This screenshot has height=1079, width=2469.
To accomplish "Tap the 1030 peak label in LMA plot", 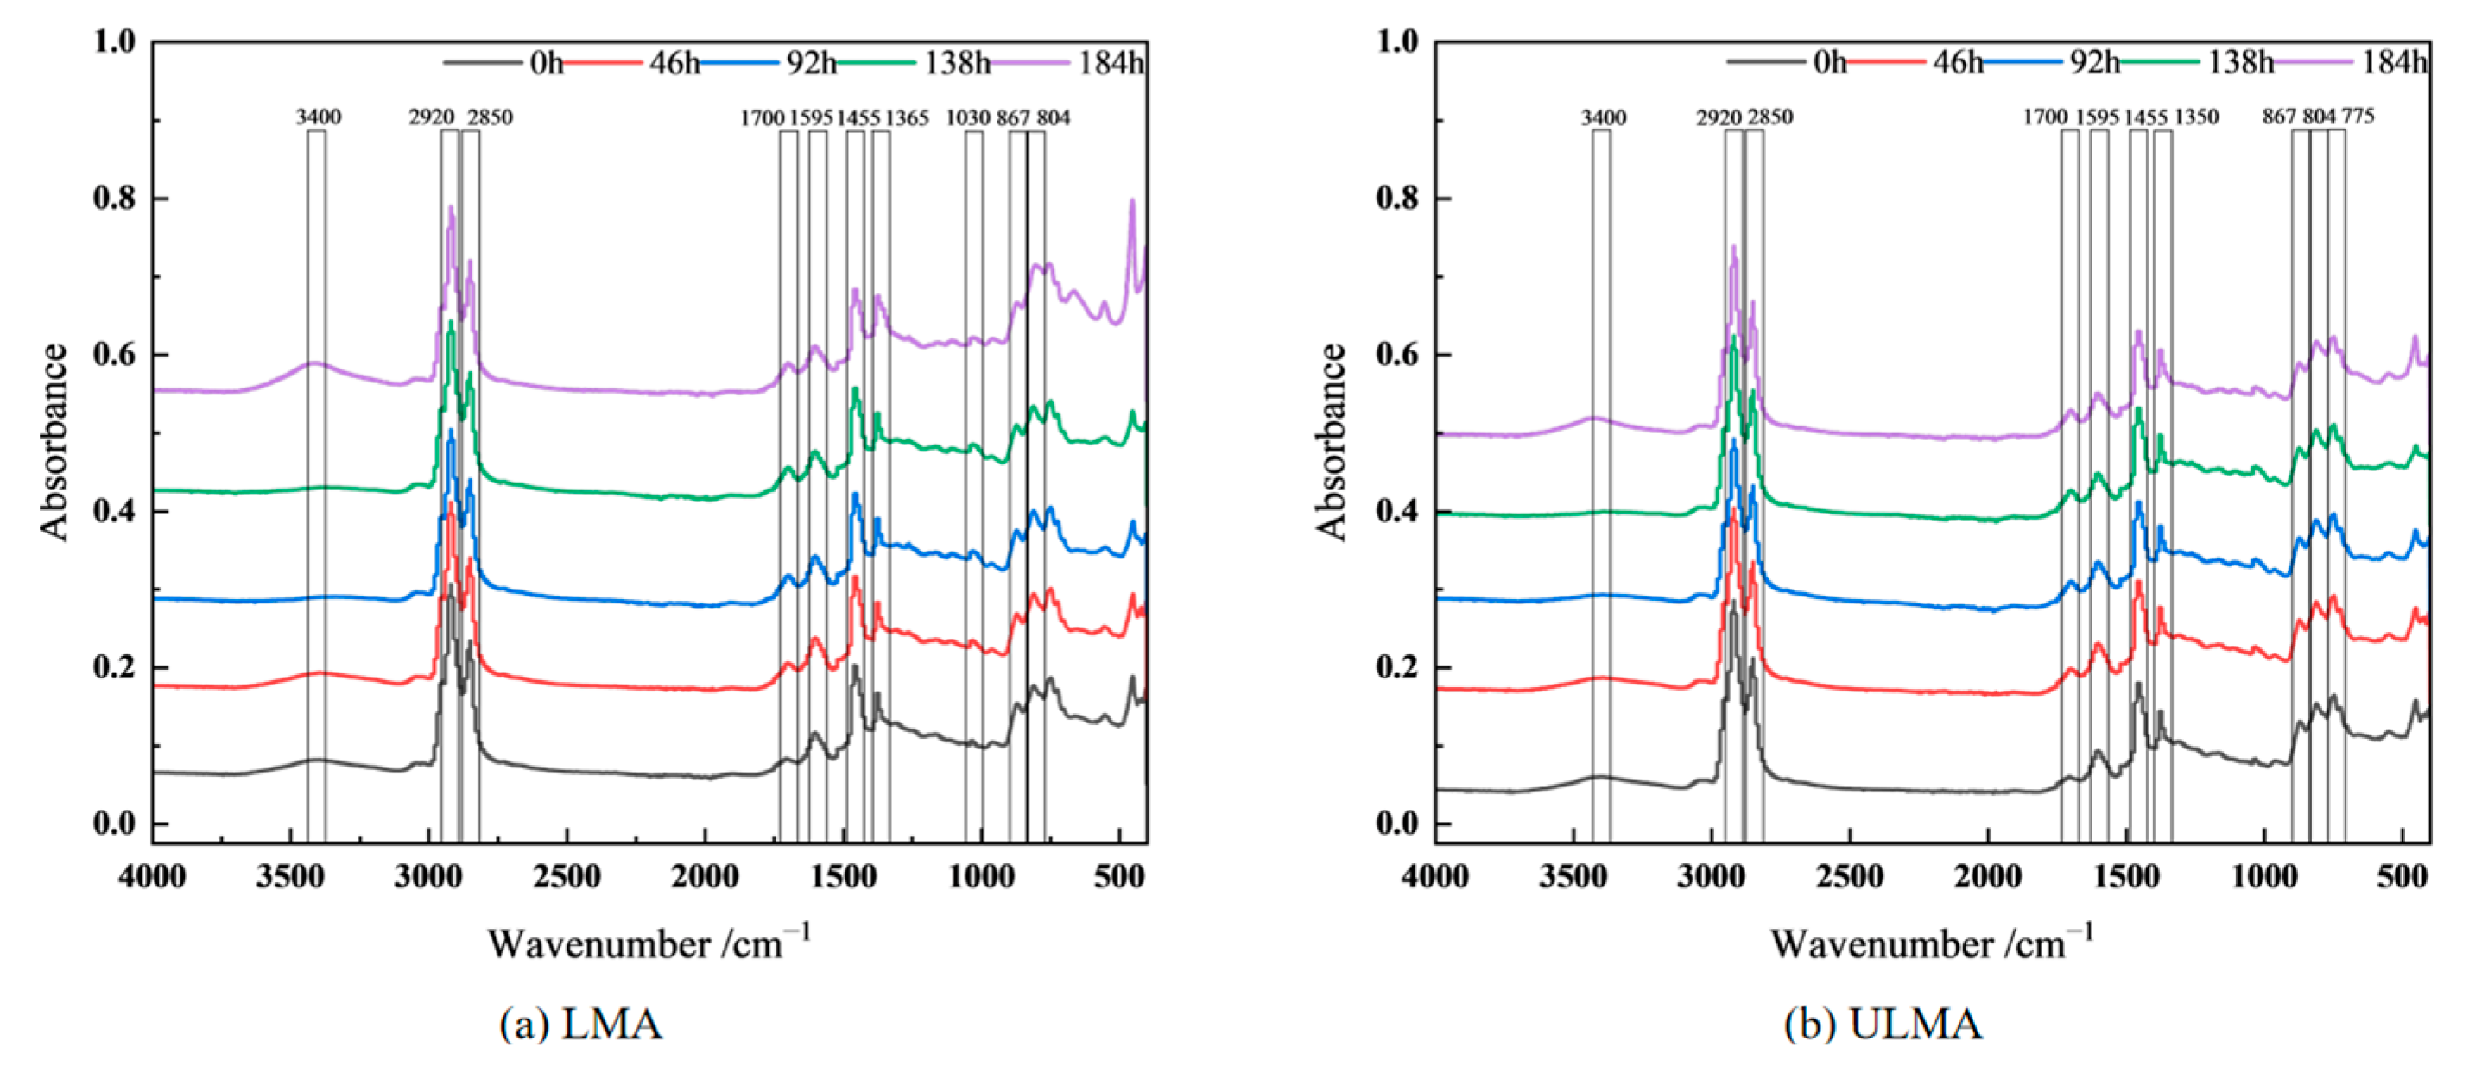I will [x=968, y=118].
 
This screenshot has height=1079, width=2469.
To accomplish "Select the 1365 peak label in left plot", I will [x=907, y=118].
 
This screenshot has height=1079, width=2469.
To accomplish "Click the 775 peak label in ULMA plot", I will [x=2358, y=117].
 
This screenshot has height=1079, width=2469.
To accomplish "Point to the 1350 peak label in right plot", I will [x=2197, y=117].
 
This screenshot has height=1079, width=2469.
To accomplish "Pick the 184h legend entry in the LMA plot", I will [x=1111, y=63].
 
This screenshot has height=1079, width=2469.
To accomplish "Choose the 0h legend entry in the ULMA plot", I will [x=1830, y=63].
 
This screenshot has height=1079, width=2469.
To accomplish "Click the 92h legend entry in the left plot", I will [x=811, y=63].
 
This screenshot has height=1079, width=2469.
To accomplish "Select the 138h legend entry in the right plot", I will [x=2241, y=63].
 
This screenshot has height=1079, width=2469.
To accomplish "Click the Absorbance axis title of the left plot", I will [x=54, y=442].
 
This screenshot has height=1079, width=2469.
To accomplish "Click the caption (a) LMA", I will [x=581, y=1025].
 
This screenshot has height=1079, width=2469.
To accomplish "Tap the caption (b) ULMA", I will [x=1883, y=1025].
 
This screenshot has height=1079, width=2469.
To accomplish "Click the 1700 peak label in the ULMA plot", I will [x=2045, y=117].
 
